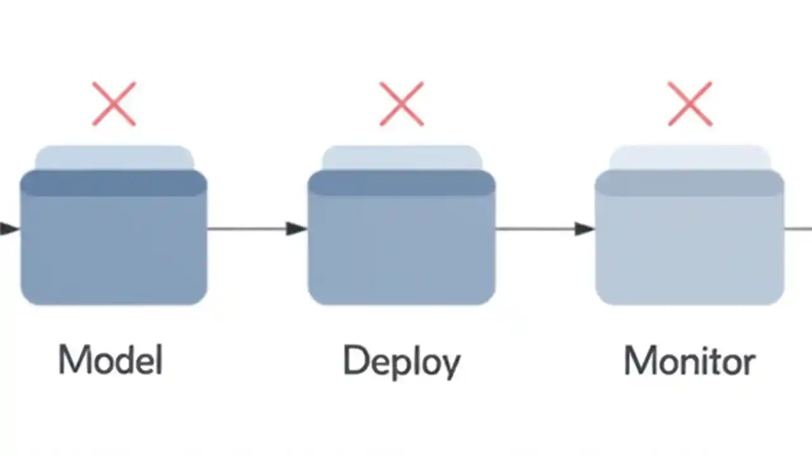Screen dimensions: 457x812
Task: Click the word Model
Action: coord(111,360)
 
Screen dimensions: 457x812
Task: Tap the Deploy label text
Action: coord(401,361)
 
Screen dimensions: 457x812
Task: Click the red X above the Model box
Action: coord(114,103)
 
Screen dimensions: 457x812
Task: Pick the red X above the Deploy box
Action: coord(402,103)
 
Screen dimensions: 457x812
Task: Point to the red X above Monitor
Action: coord(690,103)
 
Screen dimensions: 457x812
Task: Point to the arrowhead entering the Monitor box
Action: coord(584,228)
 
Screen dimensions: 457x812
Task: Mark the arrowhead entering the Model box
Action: coord(9,228)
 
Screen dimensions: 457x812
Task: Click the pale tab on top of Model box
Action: coord(114,157)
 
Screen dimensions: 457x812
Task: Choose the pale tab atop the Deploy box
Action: coord(402,157)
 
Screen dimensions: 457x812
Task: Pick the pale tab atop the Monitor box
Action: coord(690,157)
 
